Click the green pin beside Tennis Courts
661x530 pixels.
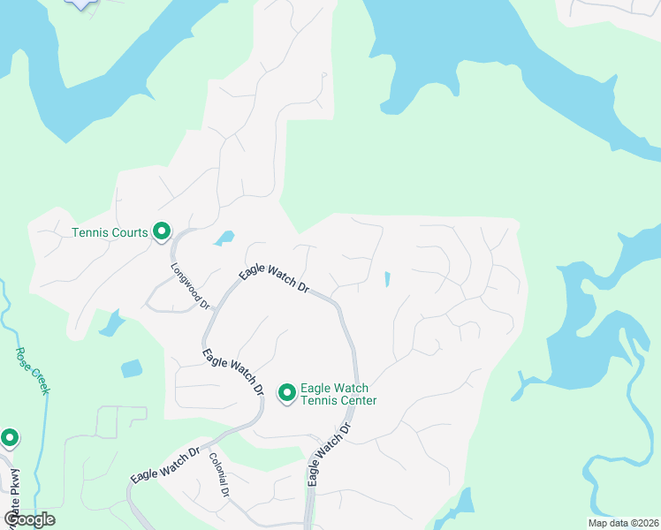point(162,231)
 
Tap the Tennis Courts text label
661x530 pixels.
point(110,233)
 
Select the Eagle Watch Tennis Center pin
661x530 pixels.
point(287,392)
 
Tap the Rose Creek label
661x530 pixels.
point(32,370)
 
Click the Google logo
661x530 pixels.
point(29,519)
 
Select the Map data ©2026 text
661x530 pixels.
point(622,523)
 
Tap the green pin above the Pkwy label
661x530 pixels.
point(10,437)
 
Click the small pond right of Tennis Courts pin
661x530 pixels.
point(224,238)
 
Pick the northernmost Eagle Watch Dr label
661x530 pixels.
point(274,279)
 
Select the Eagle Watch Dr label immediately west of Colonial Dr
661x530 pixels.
point(164,465)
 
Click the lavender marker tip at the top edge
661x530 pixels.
point(82,4)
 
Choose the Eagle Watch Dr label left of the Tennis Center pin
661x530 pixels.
point(233,372)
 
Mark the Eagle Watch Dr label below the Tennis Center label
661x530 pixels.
point(329,454)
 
